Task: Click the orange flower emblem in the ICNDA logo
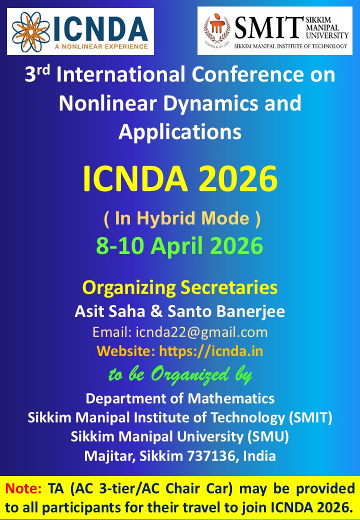(x=30, y=31)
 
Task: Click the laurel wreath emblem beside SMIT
(x=217, y=30)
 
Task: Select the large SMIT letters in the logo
(x=268, y=28)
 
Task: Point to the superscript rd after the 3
(x=43, y=69)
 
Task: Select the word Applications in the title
(x=180, y=132)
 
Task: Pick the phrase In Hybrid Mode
(x=182, y=219)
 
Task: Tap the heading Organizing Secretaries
(x=180, y=288)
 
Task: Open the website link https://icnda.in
(x=211, y=351)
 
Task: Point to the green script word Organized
(x=189, y=374)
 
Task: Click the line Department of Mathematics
(x=180, y=398)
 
